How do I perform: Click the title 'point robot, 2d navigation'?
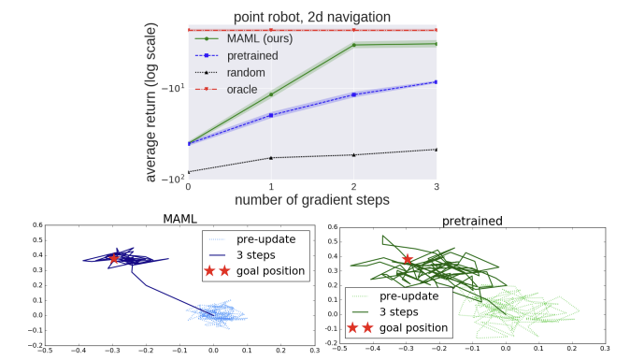pyautogui.click(x=312, y=17)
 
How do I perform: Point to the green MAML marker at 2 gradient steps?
pyautogui.click(x=354, y=45)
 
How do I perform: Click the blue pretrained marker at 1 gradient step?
pyautogui.click(x=271, y=115)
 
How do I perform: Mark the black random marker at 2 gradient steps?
pyautogui.click(x=354, y=154)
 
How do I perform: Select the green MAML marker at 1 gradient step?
pyautogui.click(x=271, y=94)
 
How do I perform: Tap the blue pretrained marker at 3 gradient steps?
pyautogui.click(x=436, y=82)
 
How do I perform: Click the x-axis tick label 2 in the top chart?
pyautogui.click(x=353, y=187)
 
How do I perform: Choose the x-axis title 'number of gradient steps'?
pyautogui.click(x=312, y=200)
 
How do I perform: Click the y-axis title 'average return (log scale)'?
pyautogui.click(x=150, y=103)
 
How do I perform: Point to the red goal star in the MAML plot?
pyautogui.click(x=114, y=258)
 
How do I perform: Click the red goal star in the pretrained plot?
pyautogui.click(x=408, y=259)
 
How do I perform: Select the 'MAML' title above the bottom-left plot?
pyautogui.click(x=180, y=219)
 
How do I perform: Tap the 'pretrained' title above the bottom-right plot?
pyautogui.click(x=472, y=221)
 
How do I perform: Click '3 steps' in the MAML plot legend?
pyautogui.click(x=256, y=255)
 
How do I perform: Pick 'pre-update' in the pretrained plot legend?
pyautogui.click(x=409, y=296)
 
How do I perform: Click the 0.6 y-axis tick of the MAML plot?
pyautogui.click(x=37, y=225)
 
